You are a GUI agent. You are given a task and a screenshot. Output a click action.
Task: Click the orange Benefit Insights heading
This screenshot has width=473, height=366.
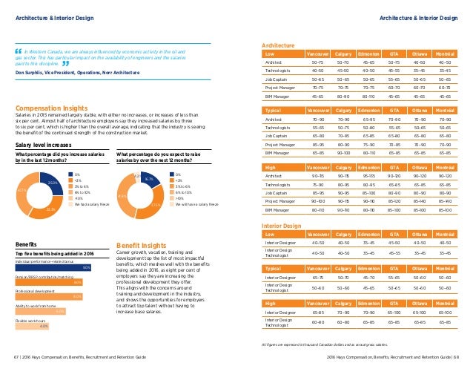(141, 244)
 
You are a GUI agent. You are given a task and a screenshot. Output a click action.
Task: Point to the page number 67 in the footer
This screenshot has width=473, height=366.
(19, 357)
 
